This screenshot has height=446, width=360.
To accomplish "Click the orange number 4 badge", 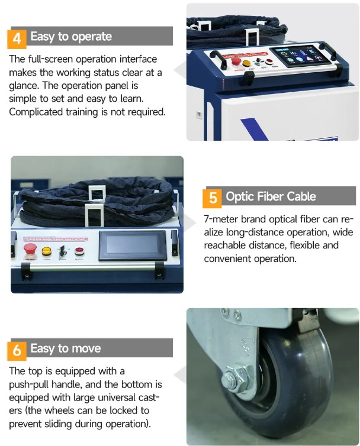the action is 17,38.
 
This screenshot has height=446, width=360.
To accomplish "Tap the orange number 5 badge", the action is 213,198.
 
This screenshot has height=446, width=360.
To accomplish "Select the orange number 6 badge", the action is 17,350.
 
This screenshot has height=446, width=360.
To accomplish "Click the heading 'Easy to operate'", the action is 71,37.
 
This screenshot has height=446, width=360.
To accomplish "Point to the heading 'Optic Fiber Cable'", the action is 271,196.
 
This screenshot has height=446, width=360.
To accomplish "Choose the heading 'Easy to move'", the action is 66,348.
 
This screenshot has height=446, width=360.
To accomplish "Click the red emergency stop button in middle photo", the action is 30,249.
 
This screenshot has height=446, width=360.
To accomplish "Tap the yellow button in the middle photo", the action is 46,251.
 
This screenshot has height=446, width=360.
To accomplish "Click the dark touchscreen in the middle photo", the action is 133,245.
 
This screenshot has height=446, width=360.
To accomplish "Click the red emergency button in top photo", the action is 236,60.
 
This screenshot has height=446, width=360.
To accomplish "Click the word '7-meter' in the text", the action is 221,219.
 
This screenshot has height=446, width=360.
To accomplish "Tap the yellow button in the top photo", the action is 247,63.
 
